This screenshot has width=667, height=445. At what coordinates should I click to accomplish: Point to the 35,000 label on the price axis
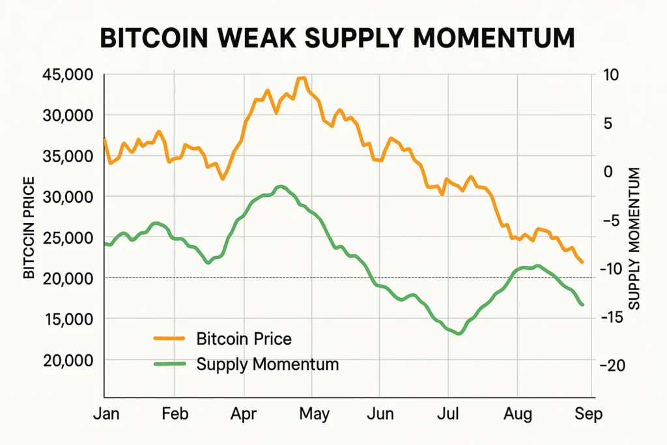(x=67, y=156)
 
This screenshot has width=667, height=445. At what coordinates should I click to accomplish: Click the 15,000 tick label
(x=67, y=319)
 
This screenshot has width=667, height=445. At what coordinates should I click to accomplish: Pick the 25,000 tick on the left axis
(x=67, y=237)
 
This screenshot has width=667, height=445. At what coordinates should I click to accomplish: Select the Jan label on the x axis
(x=106, y=414)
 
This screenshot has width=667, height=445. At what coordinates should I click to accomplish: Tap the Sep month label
(x=589, y=414)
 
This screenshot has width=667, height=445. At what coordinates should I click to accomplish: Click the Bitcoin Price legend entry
(x=243, y=339)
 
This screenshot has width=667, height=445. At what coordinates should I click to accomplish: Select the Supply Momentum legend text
(x=267, y=364)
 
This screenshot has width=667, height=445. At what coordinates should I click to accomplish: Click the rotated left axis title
(x=29, y=227)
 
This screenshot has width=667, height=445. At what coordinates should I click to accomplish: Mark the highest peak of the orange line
(x=301, y=78)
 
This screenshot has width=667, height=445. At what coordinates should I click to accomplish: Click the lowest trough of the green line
(x=459, y=334)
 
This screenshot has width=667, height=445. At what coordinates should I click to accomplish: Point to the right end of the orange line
(x=582, y=263)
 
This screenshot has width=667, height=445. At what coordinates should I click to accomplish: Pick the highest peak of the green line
(x=280, y=186)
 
